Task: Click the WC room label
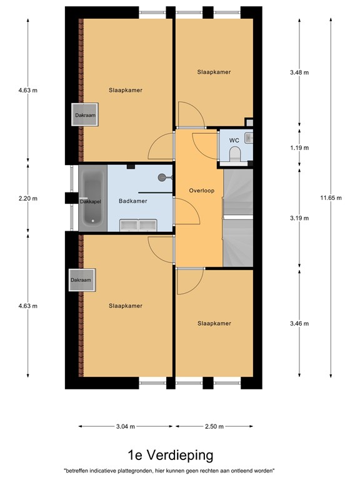(x=234, y=140)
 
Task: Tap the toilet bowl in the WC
(x=235, y=155)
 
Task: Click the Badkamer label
(x=132, y=201)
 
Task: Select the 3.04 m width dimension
(x=126, y=426)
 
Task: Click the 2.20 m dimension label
(x=27, y=199)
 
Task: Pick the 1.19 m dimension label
(x=299, y=148)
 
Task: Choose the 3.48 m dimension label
(x=299, y=72)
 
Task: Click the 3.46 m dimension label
(x=299, y=323)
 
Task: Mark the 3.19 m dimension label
(x=299, y=219)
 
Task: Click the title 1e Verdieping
(x=170, y=454)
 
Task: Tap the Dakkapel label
(x=91, y=202)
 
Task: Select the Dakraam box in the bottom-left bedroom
(x=81, y=280)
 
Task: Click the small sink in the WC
(x=249, y=137)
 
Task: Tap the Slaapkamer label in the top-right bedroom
(x=214, y=72)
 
